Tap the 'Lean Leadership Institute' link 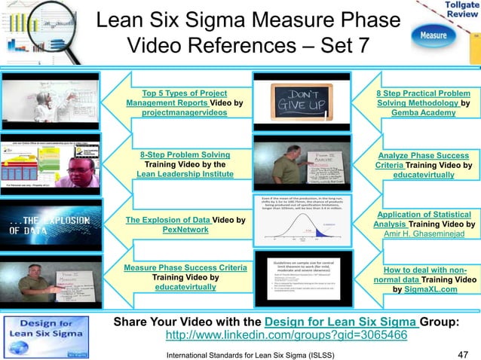click(x=185, y=174)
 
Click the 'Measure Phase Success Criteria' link click(x=185, y=267)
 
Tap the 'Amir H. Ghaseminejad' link click(x=422, y=234)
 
